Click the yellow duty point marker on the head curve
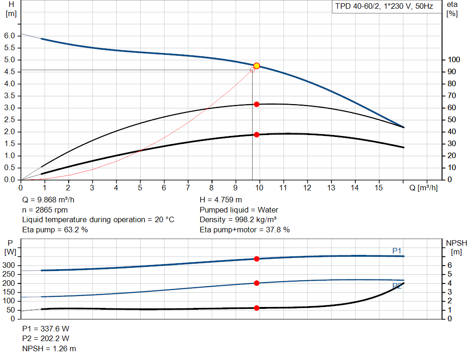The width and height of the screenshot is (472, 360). [257, 66]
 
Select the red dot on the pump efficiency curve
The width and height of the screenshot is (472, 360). [257, 104]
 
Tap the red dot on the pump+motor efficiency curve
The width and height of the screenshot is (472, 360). [257, 135]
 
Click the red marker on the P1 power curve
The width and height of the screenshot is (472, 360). [257, 259]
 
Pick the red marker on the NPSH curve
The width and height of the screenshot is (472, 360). [257, 308]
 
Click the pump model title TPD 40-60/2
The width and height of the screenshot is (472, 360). [384, 7]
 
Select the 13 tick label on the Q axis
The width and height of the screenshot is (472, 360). [331, 188]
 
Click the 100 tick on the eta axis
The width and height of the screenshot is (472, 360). [454, 60]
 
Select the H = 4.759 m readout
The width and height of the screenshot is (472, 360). [221, 200]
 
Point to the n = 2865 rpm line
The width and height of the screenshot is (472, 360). [45, 210]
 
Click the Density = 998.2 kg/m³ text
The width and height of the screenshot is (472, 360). [238, 219]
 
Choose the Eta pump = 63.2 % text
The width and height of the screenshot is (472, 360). [55, 230]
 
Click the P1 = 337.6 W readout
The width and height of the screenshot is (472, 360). [46, 329]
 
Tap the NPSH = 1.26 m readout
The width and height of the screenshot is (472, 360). [49, 348]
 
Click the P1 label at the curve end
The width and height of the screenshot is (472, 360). [397, 251]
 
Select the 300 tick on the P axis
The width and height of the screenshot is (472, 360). [9, 266]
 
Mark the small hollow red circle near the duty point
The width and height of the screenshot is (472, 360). [252, 70]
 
